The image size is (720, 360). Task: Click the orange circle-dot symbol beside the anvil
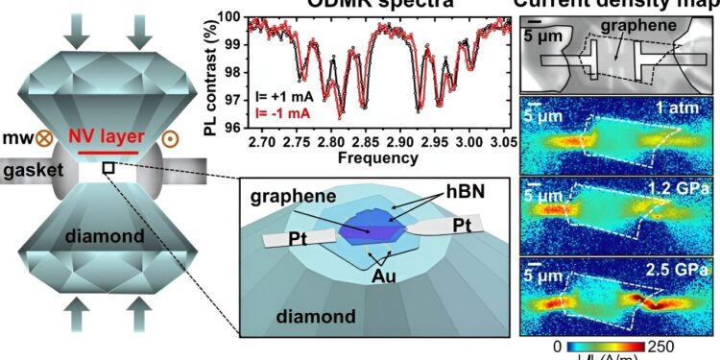(x=173, y=137)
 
